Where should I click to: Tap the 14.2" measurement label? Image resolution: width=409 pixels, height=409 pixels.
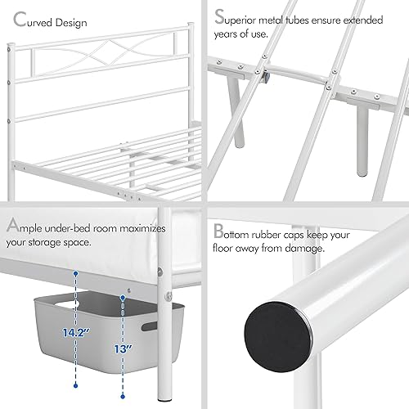(51, 309)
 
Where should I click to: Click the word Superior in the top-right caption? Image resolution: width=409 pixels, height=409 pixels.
(254, 17)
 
